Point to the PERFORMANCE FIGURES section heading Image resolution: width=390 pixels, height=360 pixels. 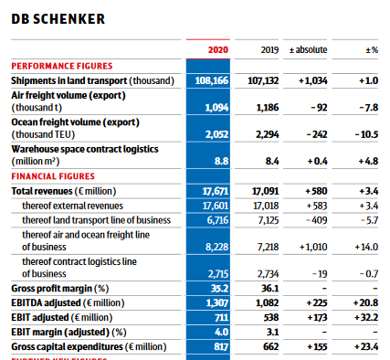(x=62, y=66)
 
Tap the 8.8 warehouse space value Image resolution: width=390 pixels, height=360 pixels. (x=220, y=160)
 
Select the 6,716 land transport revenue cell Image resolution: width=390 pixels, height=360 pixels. (x=215, y=219)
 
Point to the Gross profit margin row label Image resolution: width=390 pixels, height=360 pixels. (x=64, y=288)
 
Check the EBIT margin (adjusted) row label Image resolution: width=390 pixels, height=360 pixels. (x=69, y=332)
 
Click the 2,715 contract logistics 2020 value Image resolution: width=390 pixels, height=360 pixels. (x=215, y=273)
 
